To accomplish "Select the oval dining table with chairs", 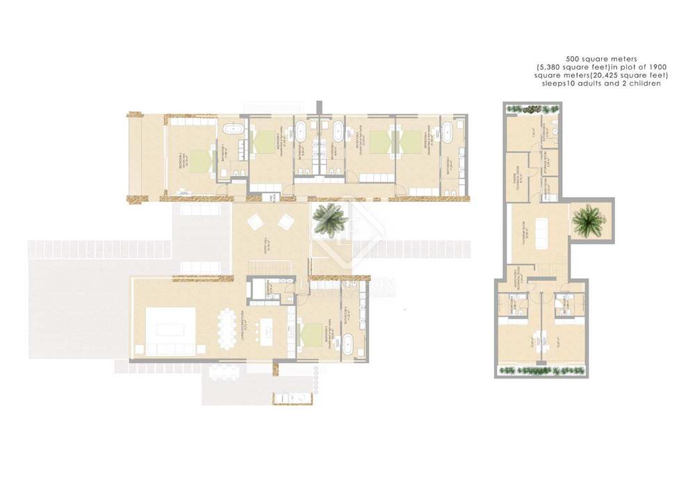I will coord(227,327).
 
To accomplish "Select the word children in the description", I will coord(641,83).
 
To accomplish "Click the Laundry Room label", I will coord(547,196).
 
